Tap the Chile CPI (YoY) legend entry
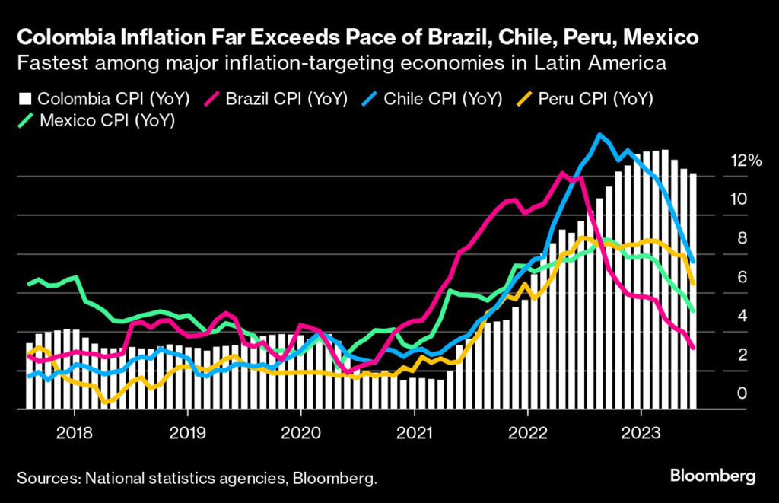(x=440, y=98)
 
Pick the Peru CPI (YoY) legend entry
(x=593, y=98)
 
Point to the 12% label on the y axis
(x=746, y=161)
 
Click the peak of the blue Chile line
(x=601, y=135)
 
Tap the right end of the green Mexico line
(x=693, y=310)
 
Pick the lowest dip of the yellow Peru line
(x=106, y=401)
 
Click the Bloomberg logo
(x=712, y=476)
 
